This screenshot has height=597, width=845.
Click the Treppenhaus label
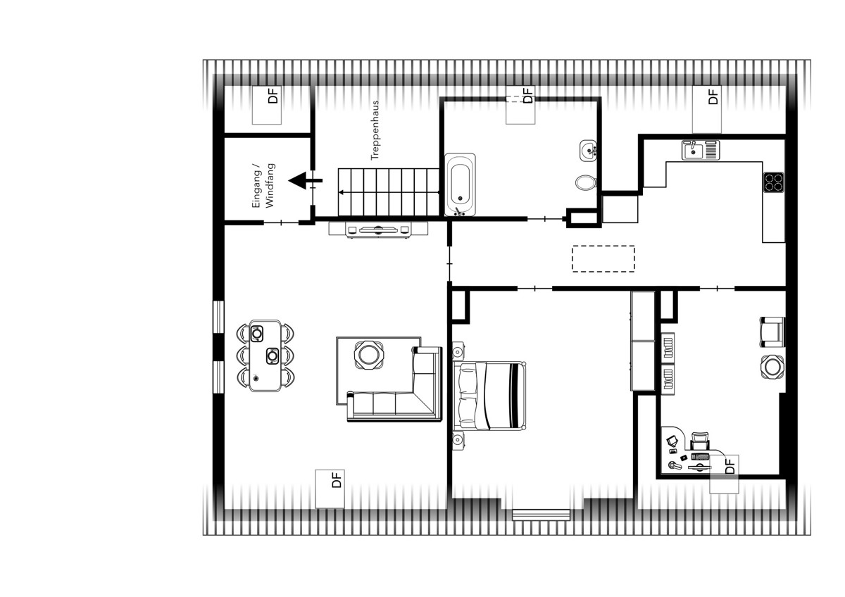click(x=375, y=130)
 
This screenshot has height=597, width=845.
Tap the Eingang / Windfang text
click(x=263, y=186)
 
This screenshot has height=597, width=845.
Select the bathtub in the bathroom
click(x=460, y=184)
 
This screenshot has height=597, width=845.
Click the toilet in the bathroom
click(x=586, y=182)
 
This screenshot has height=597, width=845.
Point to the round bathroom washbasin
click(x=588, y=151)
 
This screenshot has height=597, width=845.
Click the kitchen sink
click(x=701, y=150)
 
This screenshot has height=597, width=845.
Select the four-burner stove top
click(x=774, y=182)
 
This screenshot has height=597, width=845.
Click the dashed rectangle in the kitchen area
click(x=603, y=258)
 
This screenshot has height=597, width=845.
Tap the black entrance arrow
click(x=306, y=181)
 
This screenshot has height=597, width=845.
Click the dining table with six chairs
click(x=265, y=356)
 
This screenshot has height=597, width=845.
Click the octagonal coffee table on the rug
click(x=368, y=355)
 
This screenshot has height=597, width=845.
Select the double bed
click(x=489, y=396)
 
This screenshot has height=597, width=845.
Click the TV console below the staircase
click(x=378, y=230)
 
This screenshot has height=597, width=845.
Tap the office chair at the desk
click(x=700, y=441)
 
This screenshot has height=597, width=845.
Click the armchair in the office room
click(x=772, y=332)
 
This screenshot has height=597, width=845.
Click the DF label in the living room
click(x=336, y=479)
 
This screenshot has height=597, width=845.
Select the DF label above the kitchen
click(x=713, y=96)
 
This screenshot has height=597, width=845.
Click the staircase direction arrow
click(x=389, y=192)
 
